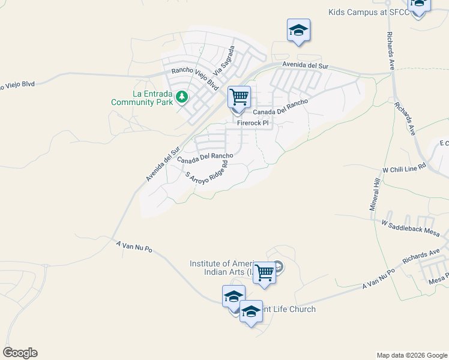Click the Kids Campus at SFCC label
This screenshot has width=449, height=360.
[368, 12]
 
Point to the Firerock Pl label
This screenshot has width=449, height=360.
[255, 122]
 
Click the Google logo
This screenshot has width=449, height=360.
[20, 353]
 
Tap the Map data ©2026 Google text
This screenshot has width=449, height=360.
[412, 355]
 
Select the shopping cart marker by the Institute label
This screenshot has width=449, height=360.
[264, 272]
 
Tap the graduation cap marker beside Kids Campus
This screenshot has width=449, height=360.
[418, 5]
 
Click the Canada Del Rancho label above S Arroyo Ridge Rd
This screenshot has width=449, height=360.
[205, 157]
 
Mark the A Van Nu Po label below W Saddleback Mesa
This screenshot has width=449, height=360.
[378, 280]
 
